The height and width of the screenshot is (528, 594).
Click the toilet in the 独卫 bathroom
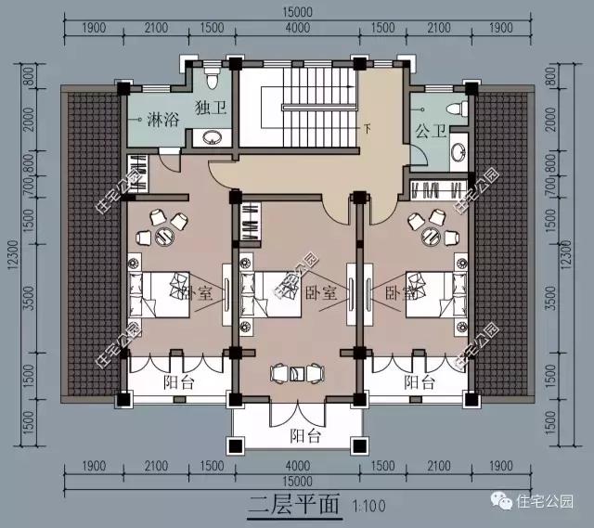tap(211, 73)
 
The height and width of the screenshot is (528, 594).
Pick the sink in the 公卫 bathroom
tap(458, 152)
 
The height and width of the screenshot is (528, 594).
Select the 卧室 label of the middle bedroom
tap(316, 291)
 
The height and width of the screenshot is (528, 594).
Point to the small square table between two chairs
tap(296, 373)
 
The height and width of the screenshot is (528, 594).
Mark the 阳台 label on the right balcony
tap(417, 381)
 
